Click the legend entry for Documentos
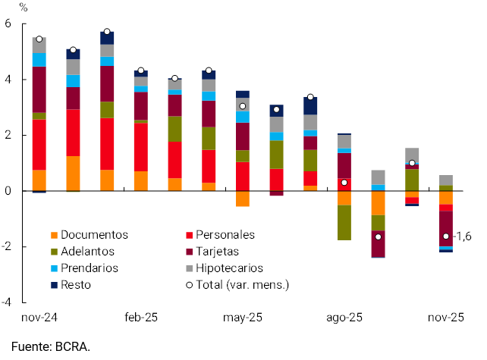click(94, 235)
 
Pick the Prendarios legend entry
click(90, 268)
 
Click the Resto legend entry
click(77, 285)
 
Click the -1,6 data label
click(463, 236)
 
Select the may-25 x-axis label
click(243, 318)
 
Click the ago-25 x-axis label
click(344, 318)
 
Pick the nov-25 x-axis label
click(446, 318)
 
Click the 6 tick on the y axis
click(8, 23)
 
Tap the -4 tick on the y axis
click(6, 302)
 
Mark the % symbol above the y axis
click(23, 8)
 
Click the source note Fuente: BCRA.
click(51, 347)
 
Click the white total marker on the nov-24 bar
click(39, 39)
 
